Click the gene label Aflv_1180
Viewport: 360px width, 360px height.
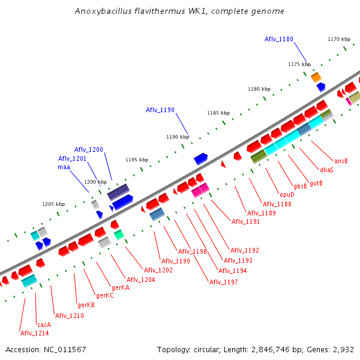coord(279,39)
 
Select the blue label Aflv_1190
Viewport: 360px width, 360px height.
coord(160,110)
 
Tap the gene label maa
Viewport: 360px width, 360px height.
coord(64,167)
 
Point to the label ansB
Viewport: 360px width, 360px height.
coord(341,161)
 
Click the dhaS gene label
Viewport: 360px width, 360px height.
coord(326,170)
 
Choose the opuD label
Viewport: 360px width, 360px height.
coord(287,194)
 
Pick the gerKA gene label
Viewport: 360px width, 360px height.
coord(120,287)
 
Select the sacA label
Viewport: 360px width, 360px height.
coord(44,325)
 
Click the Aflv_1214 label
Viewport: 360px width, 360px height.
coord(35,333)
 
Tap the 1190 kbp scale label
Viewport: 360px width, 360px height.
coord(178,137)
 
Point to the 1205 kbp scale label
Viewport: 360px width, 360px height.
coord(53,204)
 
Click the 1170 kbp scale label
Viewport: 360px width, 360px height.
coord(338,39)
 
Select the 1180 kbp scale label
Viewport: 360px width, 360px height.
coord(259,89)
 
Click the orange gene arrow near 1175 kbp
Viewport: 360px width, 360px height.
coord(316,77)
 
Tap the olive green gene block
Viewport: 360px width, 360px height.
coord(259,156)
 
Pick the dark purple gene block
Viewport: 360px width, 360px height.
coord(118,192)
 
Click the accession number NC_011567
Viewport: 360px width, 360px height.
coord(64,349)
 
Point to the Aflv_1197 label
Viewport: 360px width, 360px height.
coord(224,282)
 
